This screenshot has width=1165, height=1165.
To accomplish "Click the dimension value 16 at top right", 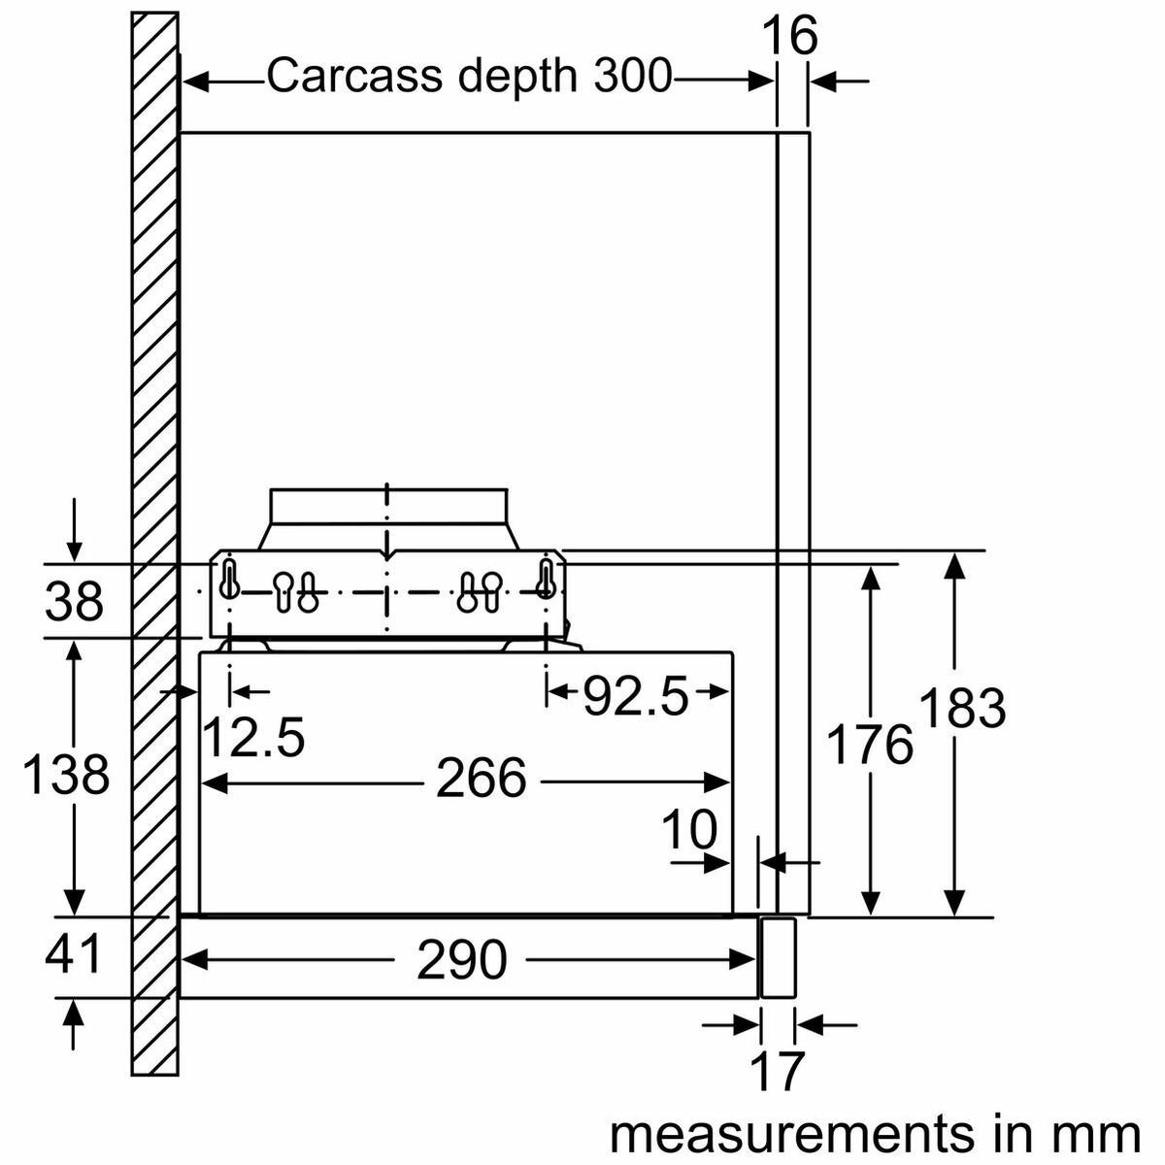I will click(x=790, y=37).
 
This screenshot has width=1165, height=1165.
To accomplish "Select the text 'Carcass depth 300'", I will click(x=469, y=77).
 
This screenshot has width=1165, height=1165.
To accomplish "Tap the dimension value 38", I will click(x=74, y=602).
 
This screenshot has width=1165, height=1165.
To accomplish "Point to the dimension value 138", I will click(x=66, y=775).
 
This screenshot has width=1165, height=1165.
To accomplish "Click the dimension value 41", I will click(x=74, y=954).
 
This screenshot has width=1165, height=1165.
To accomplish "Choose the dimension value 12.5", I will click(x=253, y=737).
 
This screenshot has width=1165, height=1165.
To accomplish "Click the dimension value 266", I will click(x=481, y=780).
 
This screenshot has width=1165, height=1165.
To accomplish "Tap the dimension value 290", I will click(x=462, y=961).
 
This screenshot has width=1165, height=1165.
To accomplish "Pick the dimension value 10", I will click(x=689, y=830).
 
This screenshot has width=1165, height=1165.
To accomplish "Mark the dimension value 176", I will click(x=870, y=746).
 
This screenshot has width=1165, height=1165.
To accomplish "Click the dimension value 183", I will click(x=961, y=708).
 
